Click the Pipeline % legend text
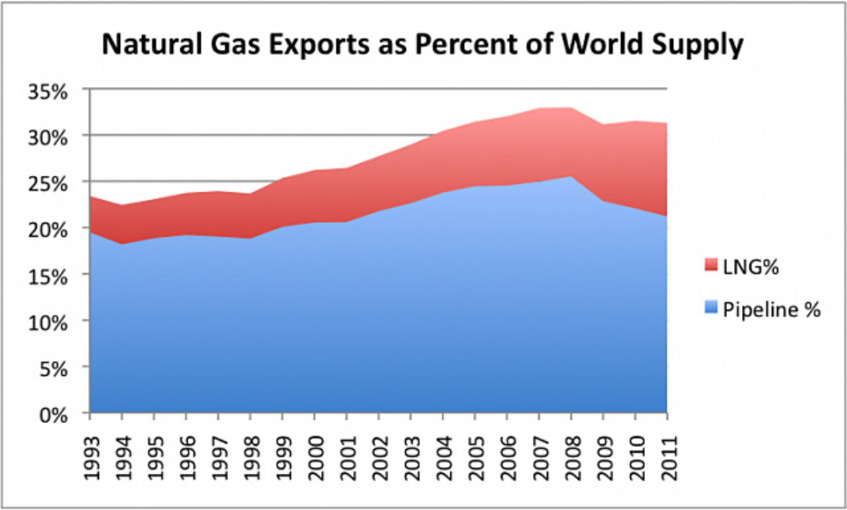coord(772,309)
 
